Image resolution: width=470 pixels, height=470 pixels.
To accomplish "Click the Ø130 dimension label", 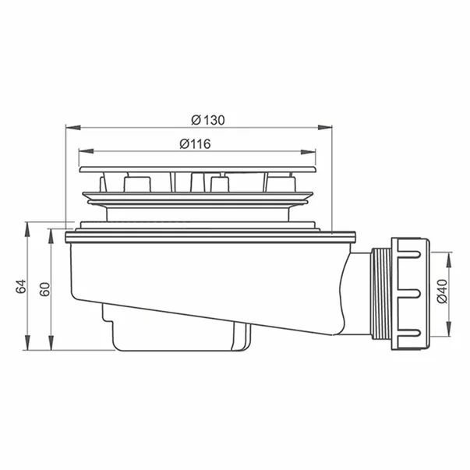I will click(x=208, y=118).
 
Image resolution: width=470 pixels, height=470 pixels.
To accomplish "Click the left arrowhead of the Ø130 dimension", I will click(x=68, y=126).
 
